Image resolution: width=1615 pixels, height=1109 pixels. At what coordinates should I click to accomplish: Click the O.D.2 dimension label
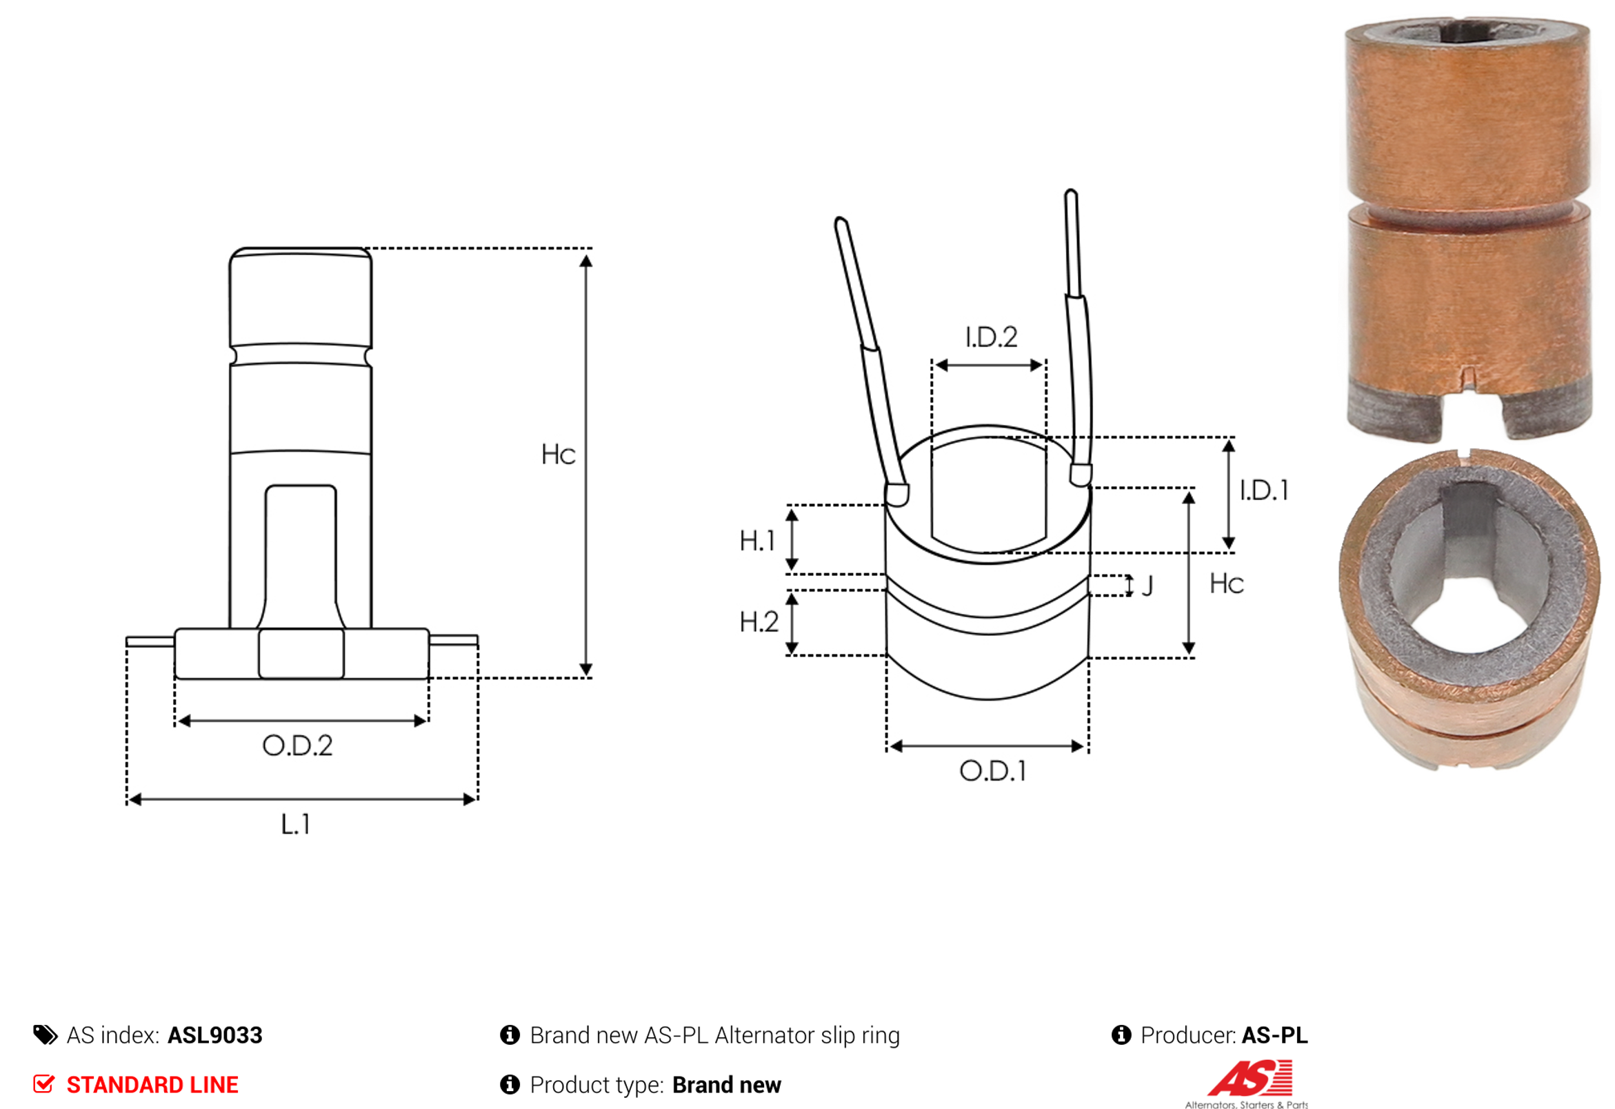click(297, 746)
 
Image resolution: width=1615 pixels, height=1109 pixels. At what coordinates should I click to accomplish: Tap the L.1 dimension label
click(295, 825)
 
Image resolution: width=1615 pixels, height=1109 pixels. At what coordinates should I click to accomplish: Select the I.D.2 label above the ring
click(992, 337)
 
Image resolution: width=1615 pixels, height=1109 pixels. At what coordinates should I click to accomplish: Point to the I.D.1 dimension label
click(1264, 490)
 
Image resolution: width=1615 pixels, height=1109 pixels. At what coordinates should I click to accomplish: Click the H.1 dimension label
click(756, 541)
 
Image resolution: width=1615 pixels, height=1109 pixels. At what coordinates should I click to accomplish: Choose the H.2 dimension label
click(759, 622)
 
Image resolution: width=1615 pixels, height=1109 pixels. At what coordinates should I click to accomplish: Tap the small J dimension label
click(1147, 586)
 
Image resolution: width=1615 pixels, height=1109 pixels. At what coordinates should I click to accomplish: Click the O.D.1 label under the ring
click(992, 770)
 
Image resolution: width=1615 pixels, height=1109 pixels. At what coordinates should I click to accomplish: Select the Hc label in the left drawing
click(559, 454)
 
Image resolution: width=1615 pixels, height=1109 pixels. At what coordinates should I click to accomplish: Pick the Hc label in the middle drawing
click(1227, 583)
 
